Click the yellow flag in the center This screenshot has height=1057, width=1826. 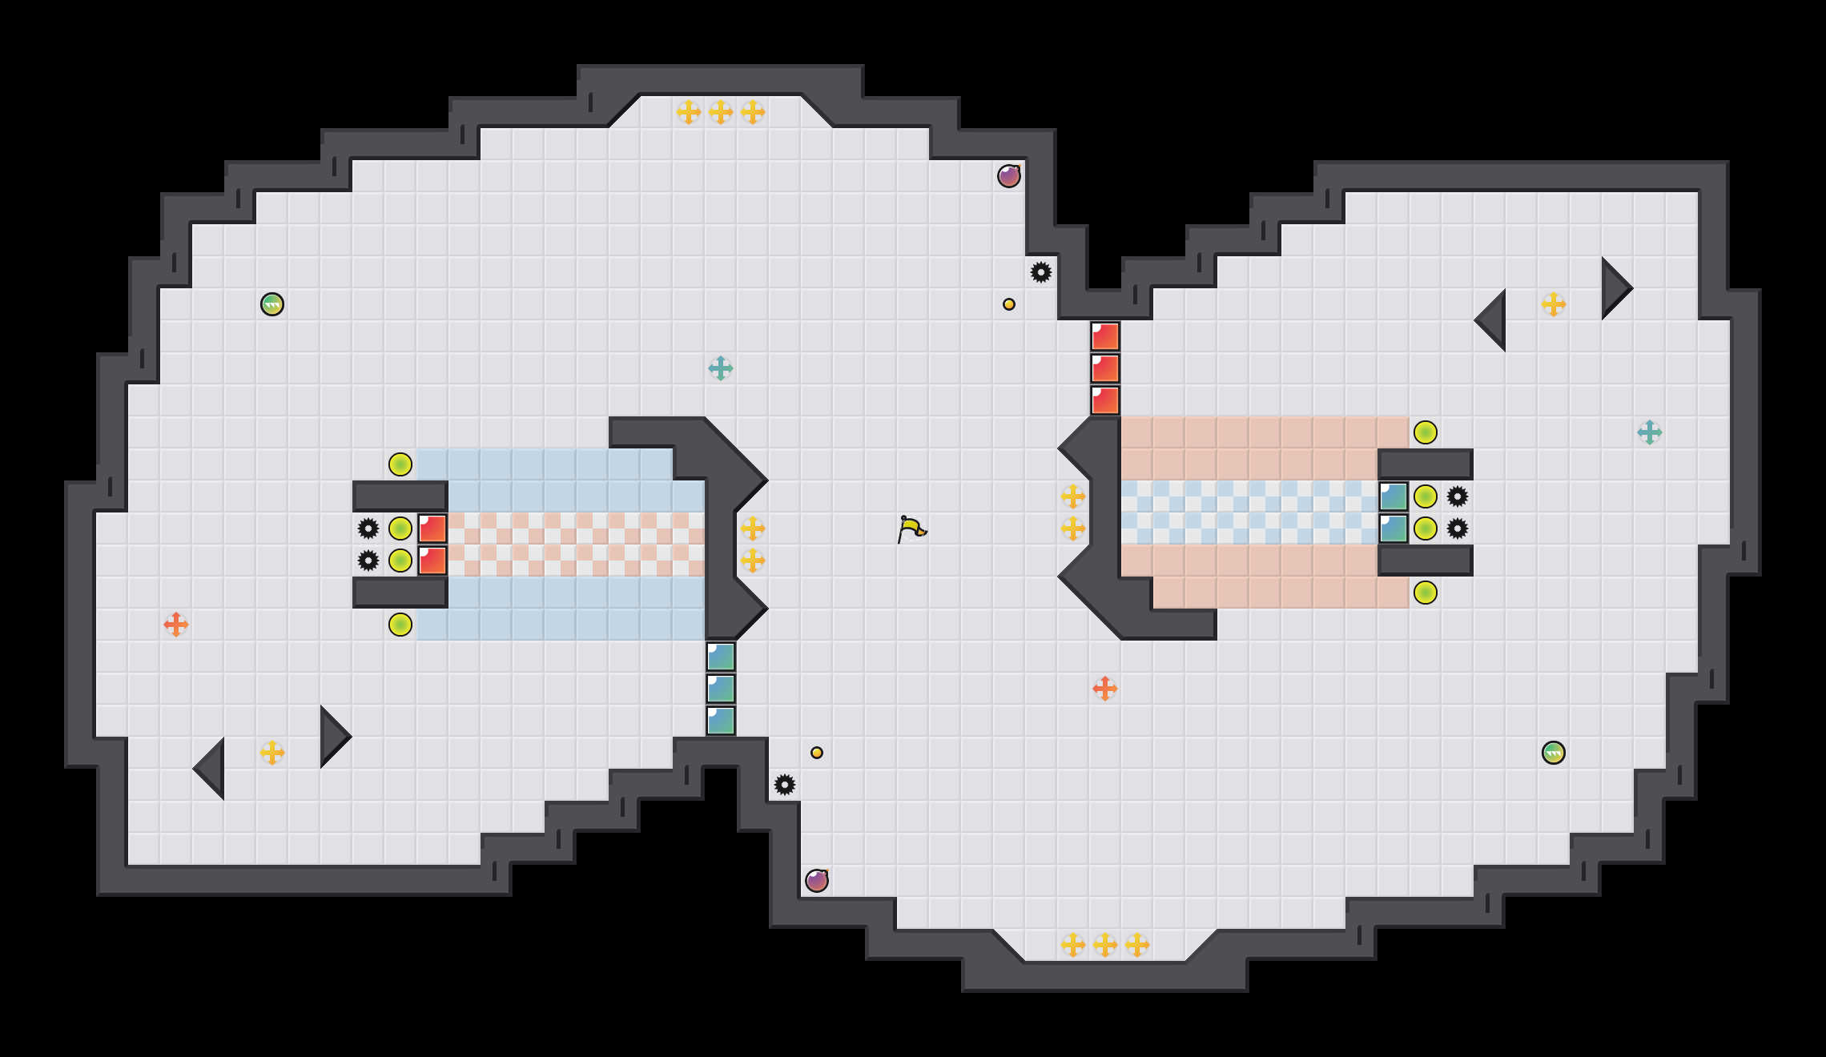(911, 528)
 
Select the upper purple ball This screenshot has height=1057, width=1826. (1009, 176)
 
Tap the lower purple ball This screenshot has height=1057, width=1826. (817, 881)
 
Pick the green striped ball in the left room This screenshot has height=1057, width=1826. (272, 304)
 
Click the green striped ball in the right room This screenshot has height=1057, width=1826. (1554, 753)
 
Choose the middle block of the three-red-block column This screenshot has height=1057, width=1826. (1105, 368)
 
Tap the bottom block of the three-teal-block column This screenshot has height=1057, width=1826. (721, 721)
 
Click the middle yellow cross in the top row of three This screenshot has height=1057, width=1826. (721, 112)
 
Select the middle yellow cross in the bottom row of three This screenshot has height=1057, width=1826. (1105, 945)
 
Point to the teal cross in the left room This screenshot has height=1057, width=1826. (721, 368)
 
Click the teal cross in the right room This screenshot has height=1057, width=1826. (1650, 432)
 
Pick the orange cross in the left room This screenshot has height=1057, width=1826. (176, 625)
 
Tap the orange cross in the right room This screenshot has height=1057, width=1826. (1105, 689)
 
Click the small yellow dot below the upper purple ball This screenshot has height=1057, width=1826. (1009, 304)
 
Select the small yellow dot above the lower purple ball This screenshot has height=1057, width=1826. (817, 753)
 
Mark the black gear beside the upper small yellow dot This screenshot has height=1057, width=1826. (1041, 272)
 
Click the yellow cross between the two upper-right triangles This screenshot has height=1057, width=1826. (1554, 304)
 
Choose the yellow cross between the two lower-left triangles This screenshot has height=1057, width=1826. (272, 753)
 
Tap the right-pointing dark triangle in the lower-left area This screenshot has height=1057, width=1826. (332, 737)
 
